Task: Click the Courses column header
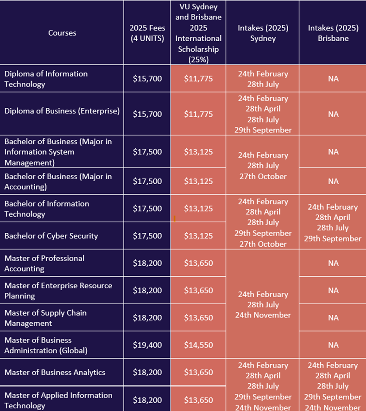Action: click(62, 33)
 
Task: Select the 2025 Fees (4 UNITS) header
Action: click(147, 33)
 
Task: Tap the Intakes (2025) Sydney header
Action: click(263, 33)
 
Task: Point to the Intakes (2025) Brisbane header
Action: click(333, 33)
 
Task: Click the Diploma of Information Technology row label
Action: click(46, 79)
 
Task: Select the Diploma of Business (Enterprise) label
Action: click(62, 111)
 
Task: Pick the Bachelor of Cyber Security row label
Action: click(51, 236)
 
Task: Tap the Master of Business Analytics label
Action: click(55, 372)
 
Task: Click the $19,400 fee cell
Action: click(147, 345)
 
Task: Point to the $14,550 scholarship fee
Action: click(198, 345)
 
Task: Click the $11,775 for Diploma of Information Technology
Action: click(198, 79)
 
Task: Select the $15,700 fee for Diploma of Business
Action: click(147, 114)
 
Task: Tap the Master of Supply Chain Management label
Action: click(45, 318)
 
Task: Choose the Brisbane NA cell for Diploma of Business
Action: click(333, 114)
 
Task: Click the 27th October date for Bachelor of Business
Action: click(263, 176)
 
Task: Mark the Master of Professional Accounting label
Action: click(44, 263)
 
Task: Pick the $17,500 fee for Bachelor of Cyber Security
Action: click(147, 236)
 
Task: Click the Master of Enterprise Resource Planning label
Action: click(58, 291)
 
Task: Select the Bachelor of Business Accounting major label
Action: click(58, 181)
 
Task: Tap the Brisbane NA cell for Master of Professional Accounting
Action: click(333, 263)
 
